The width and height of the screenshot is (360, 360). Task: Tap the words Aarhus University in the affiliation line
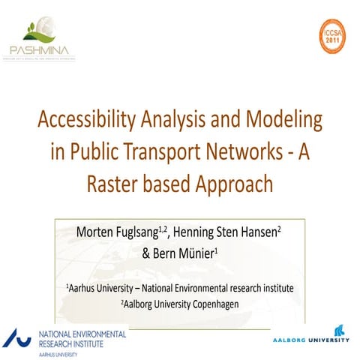click(100, 287)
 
